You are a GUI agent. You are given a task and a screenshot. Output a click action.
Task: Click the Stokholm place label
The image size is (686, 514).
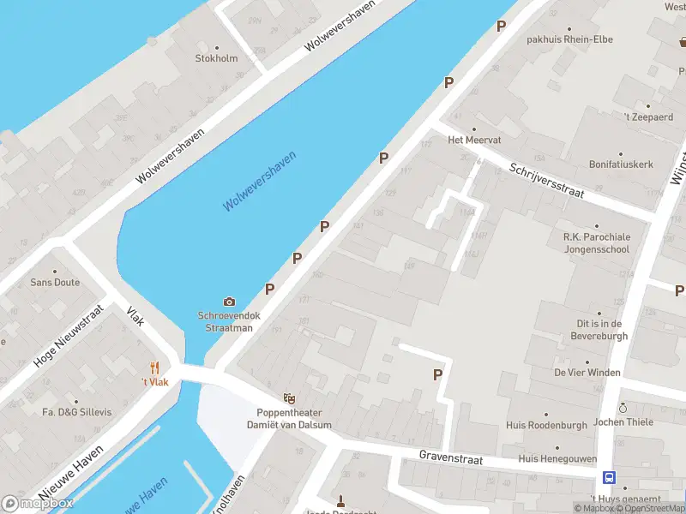coord(216,58)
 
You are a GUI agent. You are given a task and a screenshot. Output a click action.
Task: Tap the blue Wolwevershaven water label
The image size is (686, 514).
coord(259,182)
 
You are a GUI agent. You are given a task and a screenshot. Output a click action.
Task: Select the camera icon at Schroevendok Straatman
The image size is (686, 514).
coord(229,302)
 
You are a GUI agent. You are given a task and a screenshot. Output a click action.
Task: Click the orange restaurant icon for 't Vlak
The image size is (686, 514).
coord(154,368)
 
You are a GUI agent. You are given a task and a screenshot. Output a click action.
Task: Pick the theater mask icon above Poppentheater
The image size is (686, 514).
coord(290,398)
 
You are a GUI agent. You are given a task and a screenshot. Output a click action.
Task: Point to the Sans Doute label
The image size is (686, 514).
coord(55,282)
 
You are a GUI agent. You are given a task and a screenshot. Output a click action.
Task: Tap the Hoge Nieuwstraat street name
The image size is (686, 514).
coord(69,339)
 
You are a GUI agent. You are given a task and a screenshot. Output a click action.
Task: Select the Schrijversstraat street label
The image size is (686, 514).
coord(546,181)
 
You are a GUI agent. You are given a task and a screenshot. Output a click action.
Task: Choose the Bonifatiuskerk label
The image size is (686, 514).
coord(621,164)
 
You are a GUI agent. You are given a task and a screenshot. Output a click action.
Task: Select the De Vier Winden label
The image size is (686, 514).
coord(587,373)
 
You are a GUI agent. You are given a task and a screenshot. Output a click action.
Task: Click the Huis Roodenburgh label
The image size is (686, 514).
coord(558,425)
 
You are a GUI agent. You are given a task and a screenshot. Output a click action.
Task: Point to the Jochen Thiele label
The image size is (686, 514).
coord(623,421)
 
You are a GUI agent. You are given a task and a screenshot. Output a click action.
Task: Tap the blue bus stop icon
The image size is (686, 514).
coord(609,478)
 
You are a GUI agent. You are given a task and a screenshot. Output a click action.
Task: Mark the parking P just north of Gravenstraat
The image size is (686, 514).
coord(437,374)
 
